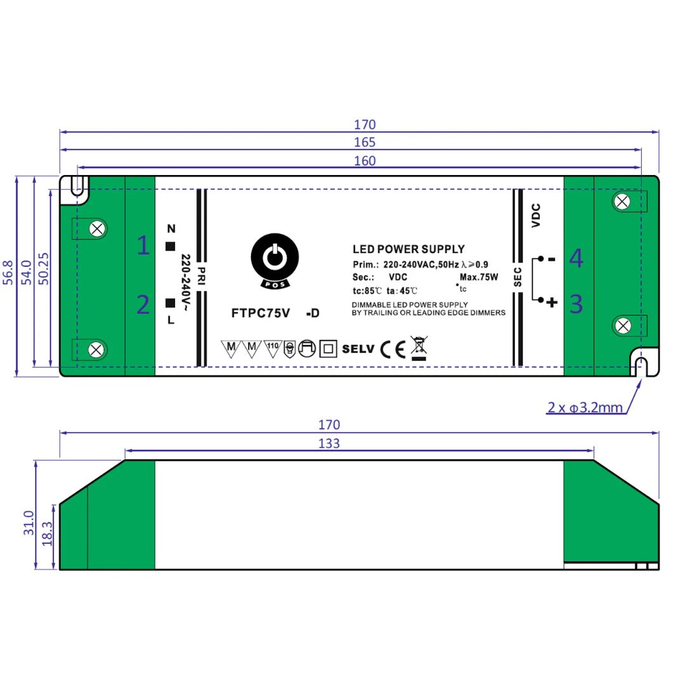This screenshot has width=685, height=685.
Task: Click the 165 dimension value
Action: (365, 143)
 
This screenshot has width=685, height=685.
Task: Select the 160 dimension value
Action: (365, 161)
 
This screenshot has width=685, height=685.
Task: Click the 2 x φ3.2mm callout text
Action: (585, 407)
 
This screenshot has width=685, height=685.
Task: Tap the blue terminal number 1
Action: (144, 245)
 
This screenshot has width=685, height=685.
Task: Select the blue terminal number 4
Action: (576, 258)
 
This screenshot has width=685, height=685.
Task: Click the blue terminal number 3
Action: (576, 304)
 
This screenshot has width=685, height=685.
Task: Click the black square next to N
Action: (170, 247)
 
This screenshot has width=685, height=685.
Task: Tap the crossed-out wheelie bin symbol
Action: (418, 348)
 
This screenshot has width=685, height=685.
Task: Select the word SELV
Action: (358, 349)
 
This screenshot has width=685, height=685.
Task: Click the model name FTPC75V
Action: (260, 313)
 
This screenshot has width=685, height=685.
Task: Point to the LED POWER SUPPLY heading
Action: (408, 249)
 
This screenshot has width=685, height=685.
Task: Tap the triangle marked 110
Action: (272, 348)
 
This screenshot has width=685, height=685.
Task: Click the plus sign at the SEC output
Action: (552, 303)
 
